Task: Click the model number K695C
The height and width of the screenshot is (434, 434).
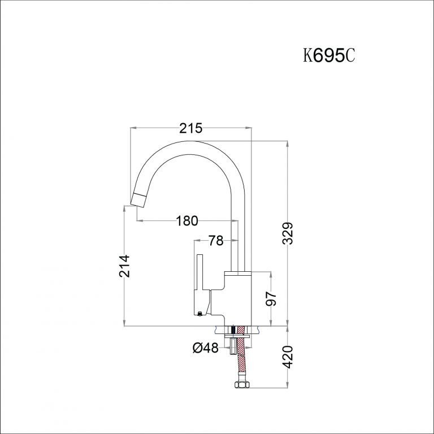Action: pos(329,57)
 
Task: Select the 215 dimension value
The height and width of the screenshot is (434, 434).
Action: pos(190,129)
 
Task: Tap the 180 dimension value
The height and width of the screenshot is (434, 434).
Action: pos(188,221)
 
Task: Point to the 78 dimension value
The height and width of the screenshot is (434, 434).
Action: pos(215,241)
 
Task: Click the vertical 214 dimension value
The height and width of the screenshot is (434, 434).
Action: pos(125,266)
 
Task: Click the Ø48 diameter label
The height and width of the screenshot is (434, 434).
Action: pos(206,349)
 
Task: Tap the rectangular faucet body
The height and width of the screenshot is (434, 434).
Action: pos(238,298)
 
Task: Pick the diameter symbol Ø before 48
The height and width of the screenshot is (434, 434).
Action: pos(198,349)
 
